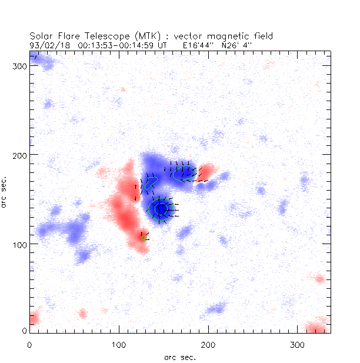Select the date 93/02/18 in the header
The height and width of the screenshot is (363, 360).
[x=44, y=44]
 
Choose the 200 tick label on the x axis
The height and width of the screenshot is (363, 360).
[x=208, y=344]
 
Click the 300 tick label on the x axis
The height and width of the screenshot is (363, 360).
[x=297, y=344]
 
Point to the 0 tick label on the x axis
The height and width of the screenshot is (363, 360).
[x=29, y=344]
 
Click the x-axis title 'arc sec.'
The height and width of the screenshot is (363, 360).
[x=180, y=357]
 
